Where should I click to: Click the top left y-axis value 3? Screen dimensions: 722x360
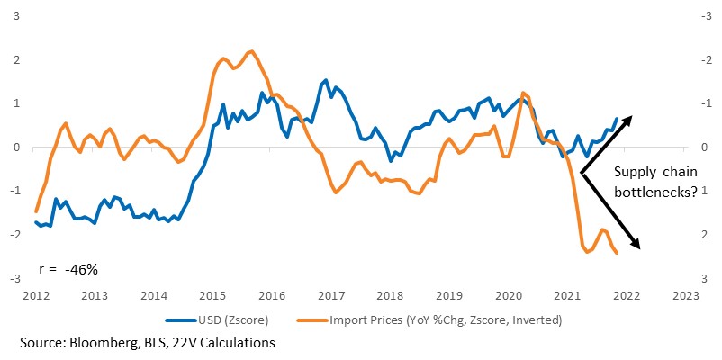[x=16, y=16]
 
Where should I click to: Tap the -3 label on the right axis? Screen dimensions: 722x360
[x=705, y=16]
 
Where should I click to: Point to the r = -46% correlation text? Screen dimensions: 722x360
[x=68, y=270]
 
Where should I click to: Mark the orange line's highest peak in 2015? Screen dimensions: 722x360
[x=251, y=51]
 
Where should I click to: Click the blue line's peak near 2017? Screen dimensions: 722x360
[x=326, y=81]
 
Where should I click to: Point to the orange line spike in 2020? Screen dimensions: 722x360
[x=523, y=93]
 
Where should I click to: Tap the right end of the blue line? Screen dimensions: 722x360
[x=617, y=119]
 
